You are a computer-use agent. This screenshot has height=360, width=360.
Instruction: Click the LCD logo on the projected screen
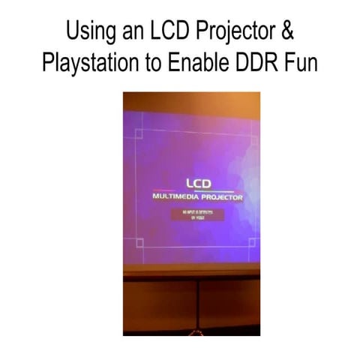[199, 182]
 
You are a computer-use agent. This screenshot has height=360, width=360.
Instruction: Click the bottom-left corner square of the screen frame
[139, 243]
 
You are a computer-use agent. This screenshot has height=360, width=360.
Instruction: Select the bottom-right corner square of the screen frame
[253, 243]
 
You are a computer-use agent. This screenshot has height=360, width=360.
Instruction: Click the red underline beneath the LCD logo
[198, 190]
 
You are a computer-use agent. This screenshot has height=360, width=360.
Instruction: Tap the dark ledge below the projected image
[191, 271]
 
